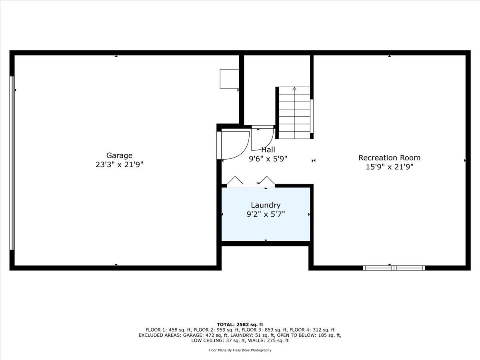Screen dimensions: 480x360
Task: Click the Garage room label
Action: coord(119,156)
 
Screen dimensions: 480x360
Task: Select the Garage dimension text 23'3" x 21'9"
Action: coord(119,164)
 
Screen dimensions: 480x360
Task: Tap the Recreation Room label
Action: coord(390,158)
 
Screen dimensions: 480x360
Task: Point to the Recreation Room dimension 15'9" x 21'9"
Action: coord(390,167)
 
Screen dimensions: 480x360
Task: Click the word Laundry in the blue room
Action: coord(266,206)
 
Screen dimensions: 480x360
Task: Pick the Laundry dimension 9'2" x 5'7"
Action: coord(266,214)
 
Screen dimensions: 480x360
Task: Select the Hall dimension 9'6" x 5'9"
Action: coord(268,159)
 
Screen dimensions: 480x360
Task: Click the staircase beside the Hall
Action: coord(294,113)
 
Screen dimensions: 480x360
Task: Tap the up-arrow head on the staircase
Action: coord(294,89)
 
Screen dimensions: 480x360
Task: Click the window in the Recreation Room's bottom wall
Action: coord(394,268)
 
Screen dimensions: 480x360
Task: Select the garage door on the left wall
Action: coord(12,163)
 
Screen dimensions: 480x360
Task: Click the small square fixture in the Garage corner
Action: coord(229,79)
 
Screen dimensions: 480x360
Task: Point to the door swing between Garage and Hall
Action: coord(236,145)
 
